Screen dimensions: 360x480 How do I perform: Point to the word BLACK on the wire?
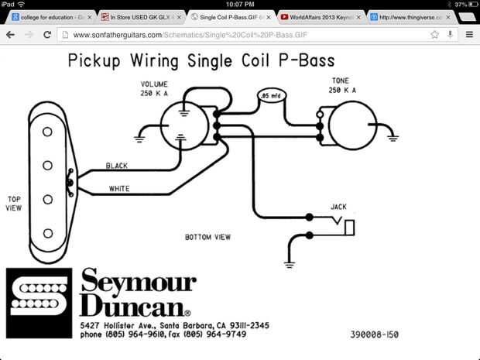pos(117,166)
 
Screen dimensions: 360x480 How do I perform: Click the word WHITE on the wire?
pos(118,188)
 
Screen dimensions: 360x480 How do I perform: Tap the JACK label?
pos(338,207)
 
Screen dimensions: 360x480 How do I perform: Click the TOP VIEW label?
pos(14,203)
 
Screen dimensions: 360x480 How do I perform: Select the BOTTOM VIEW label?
pos(207,237)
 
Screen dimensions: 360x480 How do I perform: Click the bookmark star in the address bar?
pos(435,34)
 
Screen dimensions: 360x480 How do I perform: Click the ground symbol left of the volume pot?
pos(140,139)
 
